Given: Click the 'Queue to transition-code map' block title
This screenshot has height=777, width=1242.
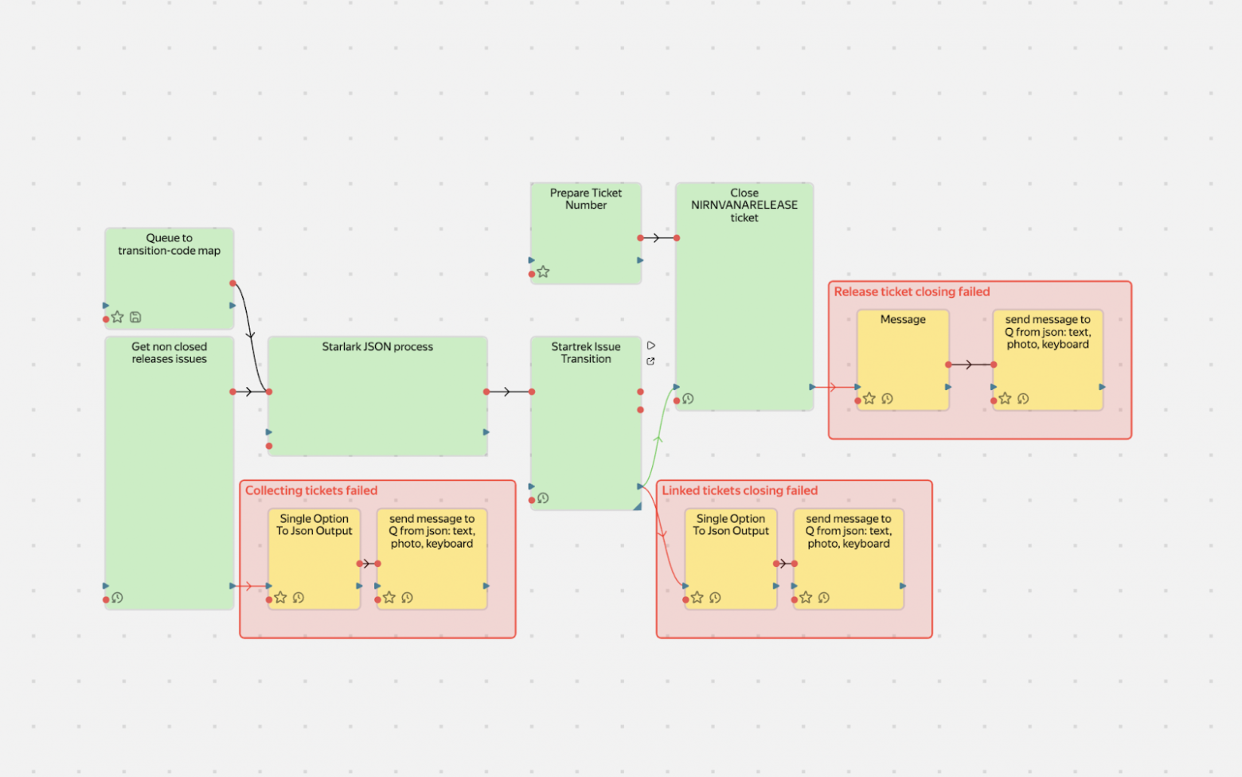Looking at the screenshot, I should pos(169,244).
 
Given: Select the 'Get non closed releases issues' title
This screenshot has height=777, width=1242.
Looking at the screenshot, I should pos(169,353).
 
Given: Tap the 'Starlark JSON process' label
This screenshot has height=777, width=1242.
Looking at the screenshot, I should pos(377,347).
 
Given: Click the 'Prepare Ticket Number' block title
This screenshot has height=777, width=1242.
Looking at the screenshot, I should pos(586,199).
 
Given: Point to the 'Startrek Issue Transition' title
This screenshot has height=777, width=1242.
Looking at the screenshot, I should pos(586,353).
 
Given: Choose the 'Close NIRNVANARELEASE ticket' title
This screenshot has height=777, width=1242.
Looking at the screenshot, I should pos(744,205).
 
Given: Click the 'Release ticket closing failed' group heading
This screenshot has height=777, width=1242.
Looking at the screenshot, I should pos(912,292).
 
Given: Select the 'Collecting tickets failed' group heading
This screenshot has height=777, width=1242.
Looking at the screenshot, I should pos(311,491).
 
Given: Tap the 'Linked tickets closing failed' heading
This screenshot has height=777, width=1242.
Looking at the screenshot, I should pos(740,491).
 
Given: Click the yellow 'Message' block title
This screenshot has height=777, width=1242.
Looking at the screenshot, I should pos(903,320).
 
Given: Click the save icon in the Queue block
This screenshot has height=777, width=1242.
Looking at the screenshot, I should pos(135,317).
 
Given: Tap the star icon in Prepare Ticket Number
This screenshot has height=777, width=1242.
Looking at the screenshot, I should pos(543,272).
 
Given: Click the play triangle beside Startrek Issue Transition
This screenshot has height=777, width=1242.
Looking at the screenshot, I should pos(651,346).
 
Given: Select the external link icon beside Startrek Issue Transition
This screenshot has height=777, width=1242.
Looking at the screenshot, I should pos(650,361).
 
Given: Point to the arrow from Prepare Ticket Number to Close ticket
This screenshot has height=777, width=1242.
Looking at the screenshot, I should pos(658,238).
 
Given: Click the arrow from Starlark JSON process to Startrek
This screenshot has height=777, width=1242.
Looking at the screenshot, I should pos(508,392).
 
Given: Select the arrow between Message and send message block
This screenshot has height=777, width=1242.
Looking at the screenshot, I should pos(970,365).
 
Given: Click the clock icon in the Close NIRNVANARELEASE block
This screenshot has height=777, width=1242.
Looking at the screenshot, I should pos(689,399).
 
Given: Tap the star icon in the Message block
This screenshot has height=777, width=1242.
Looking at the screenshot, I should pos(869,398).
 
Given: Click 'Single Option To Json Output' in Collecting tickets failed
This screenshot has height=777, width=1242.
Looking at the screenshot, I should pos(314,525).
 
